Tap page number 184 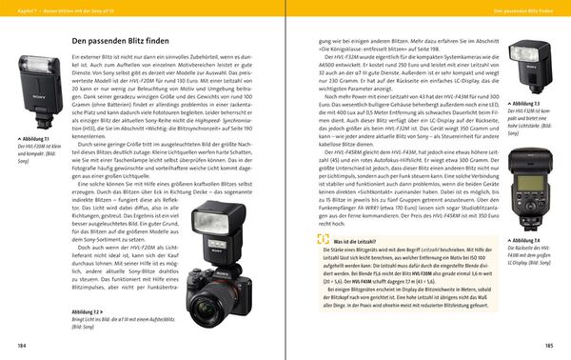[10, 344]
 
